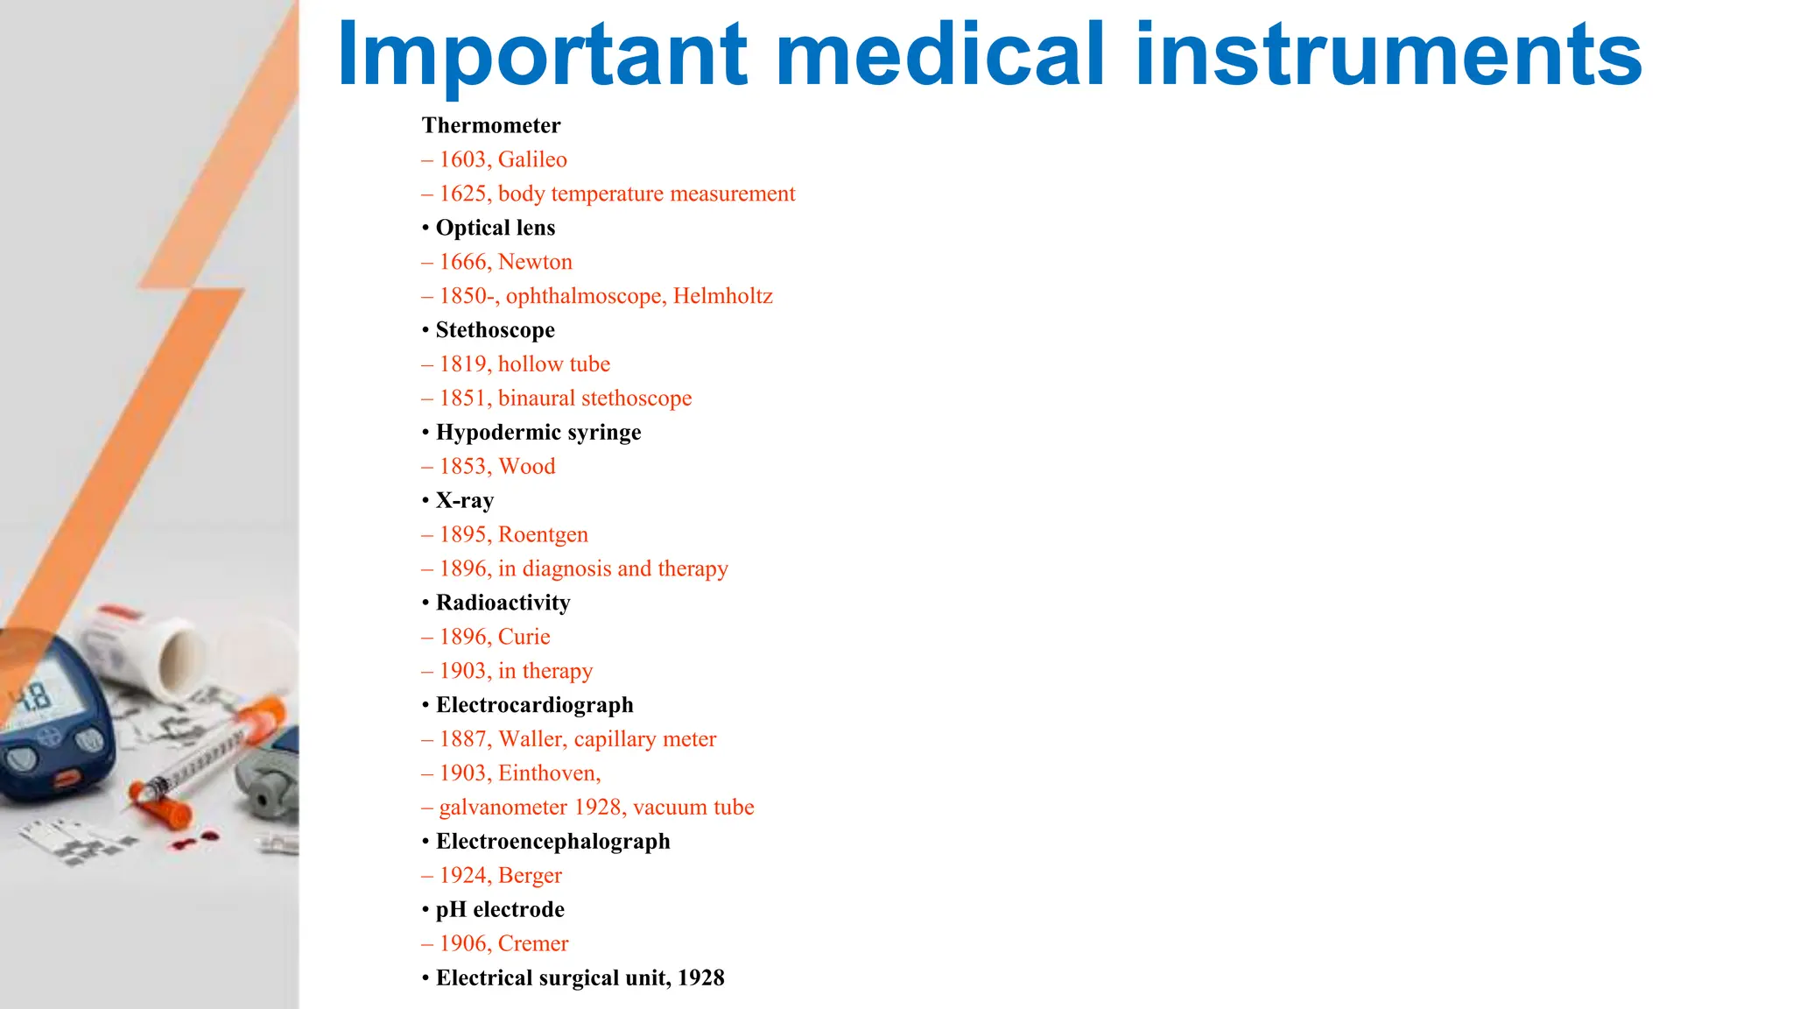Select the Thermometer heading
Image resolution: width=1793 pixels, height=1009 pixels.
[x=491, y=125]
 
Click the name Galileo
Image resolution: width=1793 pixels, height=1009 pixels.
[x=532, y=159]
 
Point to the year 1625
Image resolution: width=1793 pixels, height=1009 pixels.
[x=464, y=194]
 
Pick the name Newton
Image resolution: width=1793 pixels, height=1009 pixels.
[x=535, y=262]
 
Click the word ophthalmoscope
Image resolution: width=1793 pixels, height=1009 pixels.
[x=583, y=296]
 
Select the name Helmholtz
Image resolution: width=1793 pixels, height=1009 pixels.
[x=722, y=296]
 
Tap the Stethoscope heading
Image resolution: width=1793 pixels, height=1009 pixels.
[x=495, y=330]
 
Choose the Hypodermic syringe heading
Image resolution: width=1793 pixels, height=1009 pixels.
[x=538, y=433]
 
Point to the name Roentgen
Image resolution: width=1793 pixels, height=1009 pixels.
[x=543, y=534]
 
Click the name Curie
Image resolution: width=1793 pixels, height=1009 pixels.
[x=524, y=637]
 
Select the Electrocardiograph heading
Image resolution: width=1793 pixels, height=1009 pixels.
[x=534, y=705]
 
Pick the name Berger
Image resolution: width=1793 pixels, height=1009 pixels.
[x=530, y=876]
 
